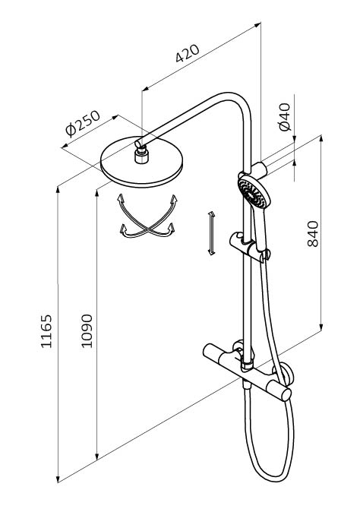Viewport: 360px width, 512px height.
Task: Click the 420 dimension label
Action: (187, 53)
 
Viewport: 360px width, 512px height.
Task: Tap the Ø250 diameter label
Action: (83, 124)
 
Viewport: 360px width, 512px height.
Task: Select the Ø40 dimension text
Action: (285, 116)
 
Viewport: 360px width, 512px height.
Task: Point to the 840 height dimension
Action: (313, 234)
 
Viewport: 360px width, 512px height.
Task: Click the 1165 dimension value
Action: (46, 331)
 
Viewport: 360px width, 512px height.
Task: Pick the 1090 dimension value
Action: (87, 331)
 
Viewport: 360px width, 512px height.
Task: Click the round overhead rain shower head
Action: (142, 162)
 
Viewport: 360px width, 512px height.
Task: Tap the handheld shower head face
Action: (251, 193)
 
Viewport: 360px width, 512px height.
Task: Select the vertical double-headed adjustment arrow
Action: (211, 232)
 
